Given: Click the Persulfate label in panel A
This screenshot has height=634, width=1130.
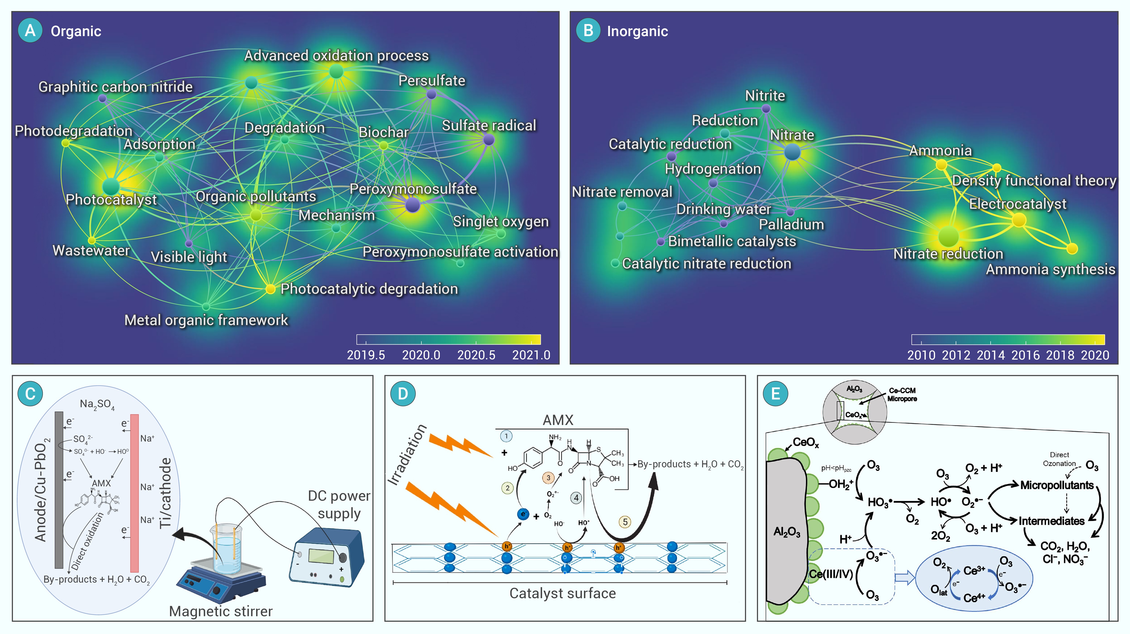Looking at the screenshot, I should pyautogui.click(x=432, y=81).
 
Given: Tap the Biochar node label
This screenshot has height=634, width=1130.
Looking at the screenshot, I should pyautogui.click(x=383, y=132).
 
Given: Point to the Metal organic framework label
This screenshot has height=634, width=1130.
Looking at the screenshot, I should pyautogui.click(x=206, y=320).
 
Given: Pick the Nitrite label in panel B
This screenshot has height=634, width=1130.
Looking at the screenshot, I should pyautogui.click(x=765, y=95).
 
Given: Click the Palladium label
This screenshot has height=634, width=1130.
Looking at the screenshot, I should pyautogui.click(x=791, y=224).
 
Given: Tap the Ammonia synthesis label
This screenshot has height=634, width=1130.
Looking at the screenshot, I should pyautogui.click(x=1050, y=269).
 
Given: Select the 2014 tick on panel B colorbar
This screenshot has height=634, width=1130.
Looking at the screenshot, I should pyautogui.click(x=991, y=355).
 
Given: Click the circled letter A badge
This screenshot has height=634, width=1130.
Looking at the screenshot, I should pyautogui.click(x=30, y=30).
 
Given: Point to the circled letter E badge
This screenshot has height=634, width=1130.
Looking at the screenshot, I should pyautogui.click(x=775, y=393).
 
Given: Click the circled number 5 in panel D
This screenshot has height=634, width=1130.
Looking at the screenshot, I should pyautogui.click(x=625, y=522).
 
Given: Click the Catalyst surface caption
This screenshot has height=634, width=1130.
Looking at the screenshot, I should pyautogui.click(x=562, y=593).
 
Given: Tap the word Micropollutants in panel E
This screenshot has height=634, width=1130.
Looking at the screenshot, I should pyautogui.click(x=1057, y=485).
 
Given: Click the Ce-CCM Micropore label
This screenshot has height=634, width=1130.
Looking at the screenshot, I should pyautogui.click(x=902, y=394).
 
